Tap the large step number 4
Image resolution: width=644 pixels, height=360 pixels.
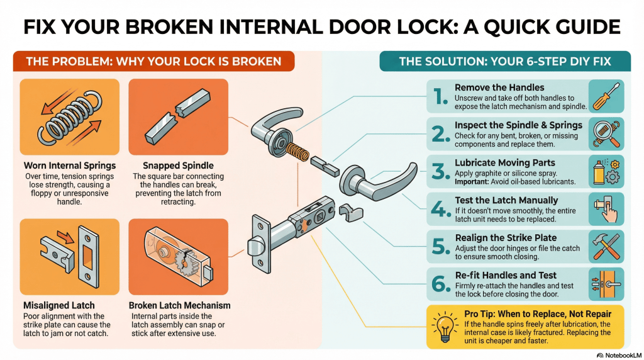[x=439, y=208]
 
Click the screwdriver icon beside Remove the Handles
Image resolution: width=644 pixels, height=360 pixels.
[x=606, y=96]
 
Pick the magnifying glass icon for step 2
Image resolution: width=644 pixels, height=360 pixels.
[x=606, y=133]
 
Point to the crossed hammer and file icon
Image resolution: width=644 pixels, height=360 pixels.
[x=606, y=246]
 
